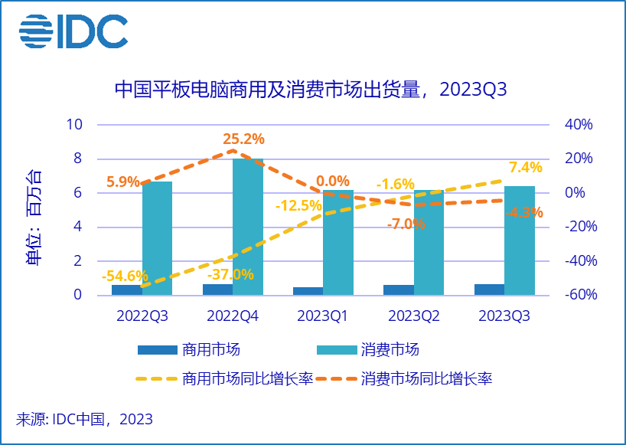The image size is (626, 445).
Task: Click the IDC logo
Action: (73, 32)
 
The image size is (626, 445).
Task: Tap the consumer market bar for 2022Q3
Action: (157, 238)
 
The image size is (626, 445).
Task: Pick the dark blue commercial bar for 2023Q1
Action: (308, 291)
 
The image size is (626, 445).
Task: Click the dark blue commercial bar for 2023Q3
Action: (489, 290)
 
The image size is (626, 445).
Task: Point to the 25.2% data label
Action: (243, 139)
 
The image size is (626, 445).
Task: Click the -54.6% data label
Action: (126, 276)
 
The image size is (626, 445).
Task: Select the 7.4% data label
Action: (525, 168)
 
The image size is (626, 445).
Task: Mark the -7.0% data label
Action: (406, 224)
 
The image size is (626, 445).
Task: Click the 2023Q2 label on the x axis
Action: (414, 316)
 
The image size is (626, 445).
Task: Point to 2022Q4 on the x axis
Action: (233, 316)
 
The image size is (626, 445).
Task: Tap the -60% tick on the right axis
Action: (580, 296)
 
